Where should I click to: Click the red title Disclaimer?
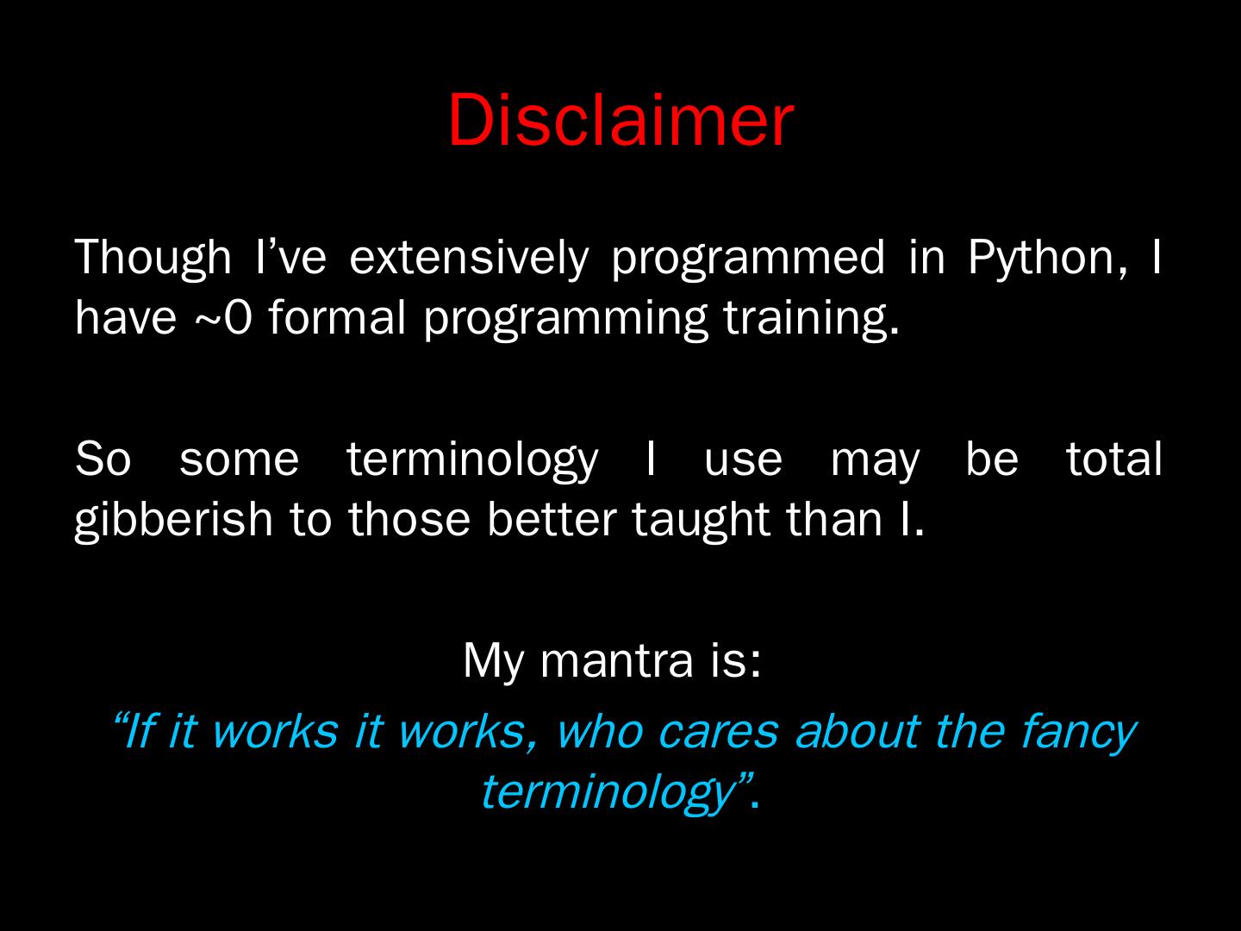click(x=620, y=121)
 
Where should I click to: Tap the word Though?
click(x=153, y=257)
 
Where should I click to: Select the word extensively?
click(x=469, y=257)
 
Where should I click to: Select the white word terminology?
click(x=472, y=459)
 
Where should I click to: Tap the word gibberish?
click(x=173, y=519)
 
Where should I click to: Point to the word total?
click(x=1113, y=459)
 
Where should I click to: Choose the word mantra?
click(x=616, y=660)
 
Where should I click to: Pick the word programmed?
click(x=747, y=257)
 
